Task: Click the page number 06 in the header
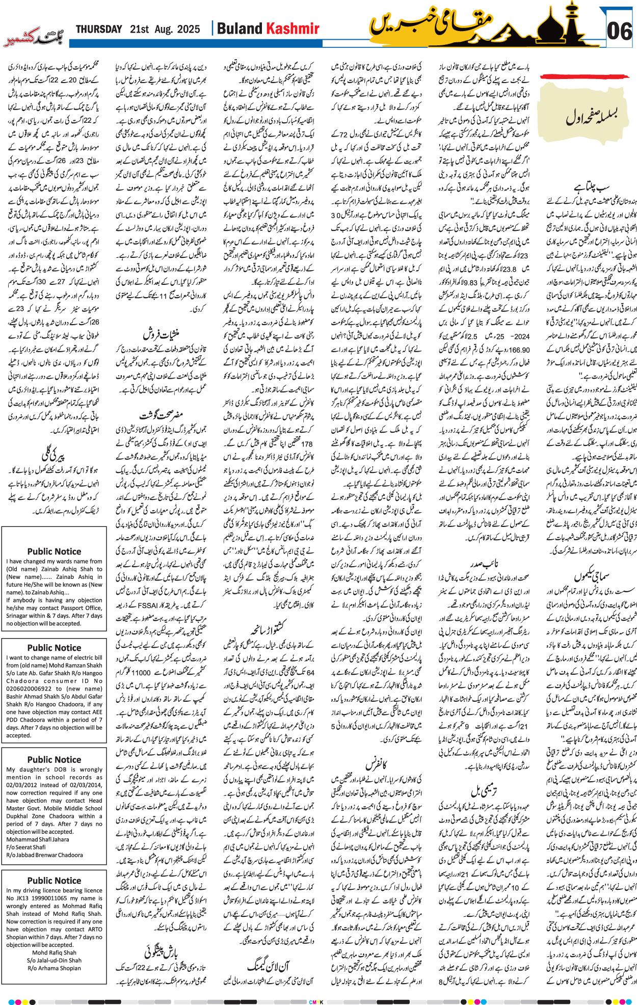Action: click(619, 32)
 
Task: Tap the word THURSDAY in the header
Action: click(99, 30)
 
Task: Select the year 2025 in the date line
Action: click(189, 30)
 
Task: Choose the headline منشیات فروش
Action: click(161, 334)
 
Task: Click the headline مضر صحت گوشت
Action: click(162, 414)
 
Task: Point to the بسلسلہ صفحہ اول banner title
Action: click(591, 118)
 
